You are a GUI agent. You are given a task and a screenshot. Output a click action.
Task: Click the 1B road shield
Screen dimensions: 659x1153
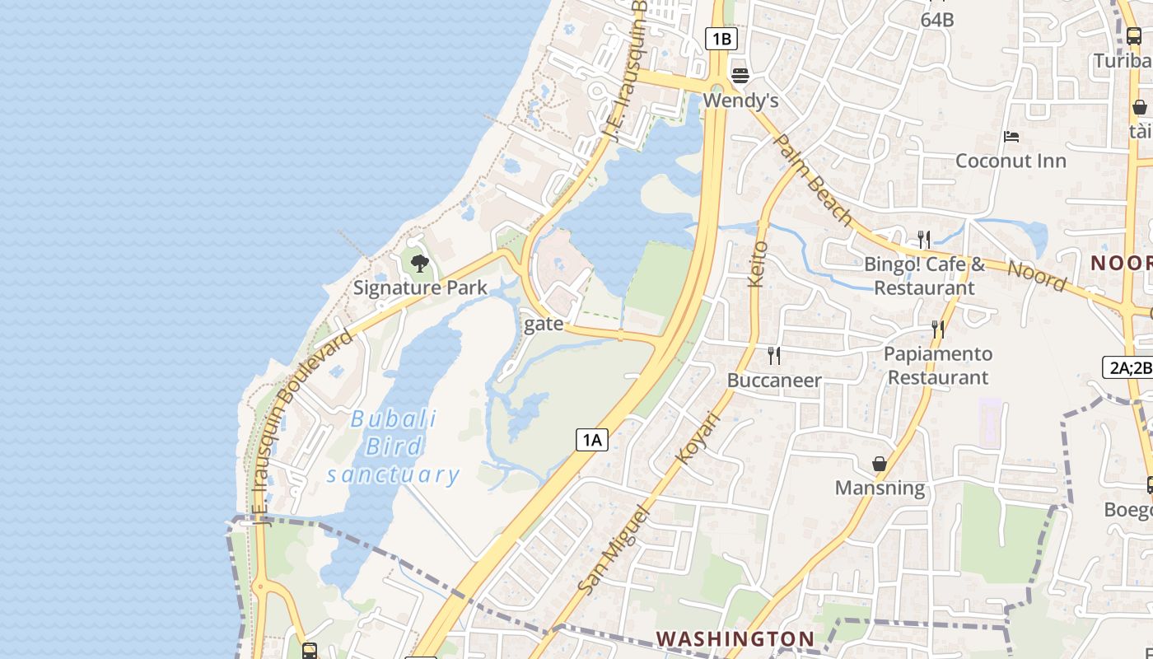tap(721, 38)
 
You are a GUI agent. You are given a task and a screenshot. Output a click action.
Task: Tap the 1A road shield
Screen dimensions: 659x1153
tap(591, 440)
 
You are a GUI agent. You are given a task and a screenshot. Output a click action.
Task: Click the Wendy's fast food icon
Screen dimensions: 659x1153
tap(740, 76)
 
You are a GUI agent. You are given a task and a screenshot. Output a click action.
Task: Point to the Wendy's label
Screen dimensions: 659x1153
tap(741, 100)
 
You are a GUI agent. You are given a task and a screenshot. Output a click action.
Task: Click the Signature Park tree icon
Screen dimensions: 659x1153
tap(420, 264)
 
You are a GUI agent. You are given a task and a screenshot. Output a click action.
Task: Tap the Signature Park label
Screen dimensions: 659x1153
tap(420, 287)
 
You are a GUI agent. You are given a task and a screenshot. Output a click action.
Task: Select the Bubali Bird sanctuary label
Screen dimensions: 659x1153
tap(394, 446)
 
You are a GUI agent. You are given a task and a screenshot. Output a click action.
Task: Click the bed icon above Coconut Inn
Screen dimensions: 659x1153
tap(1011, 136)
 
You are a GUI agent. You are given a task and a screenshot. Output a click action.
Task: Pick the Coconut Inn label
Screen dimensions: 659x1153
tap(1011, 161)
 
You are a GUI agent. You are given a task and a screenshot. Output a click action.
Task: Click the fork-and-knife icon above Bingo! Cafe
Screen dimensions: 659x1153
tap(924, 240)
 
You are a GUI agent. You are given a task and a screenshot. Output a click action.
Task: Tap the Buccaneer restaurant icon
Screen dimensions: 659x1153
tap(773, 356)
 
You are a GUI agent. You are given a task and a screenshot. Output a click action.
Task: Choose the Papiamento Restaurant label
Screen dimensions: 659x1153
tap(938, 366)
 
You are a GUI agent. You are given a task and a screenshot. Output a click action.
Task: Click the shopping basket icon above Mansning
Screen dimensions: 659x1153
tap(880, 464)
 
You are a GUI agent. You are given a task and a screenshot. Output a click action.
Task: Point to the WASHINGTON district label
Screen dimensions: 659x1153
tap(735, 638)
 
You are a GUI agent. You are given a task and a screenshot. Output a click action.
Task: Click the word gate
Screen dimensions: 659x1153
tap(544, 324)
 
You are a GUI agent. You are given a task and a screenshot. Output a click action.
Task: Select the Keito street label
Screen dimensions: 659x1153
tap(757, 264)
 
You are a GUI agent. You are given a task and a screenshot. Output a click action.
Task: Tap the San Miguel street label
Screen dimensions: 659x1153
tap(614, 549)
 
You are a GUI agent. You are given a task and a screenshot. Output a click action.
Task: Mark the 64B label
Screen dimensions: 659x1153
tap(937, 20)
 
